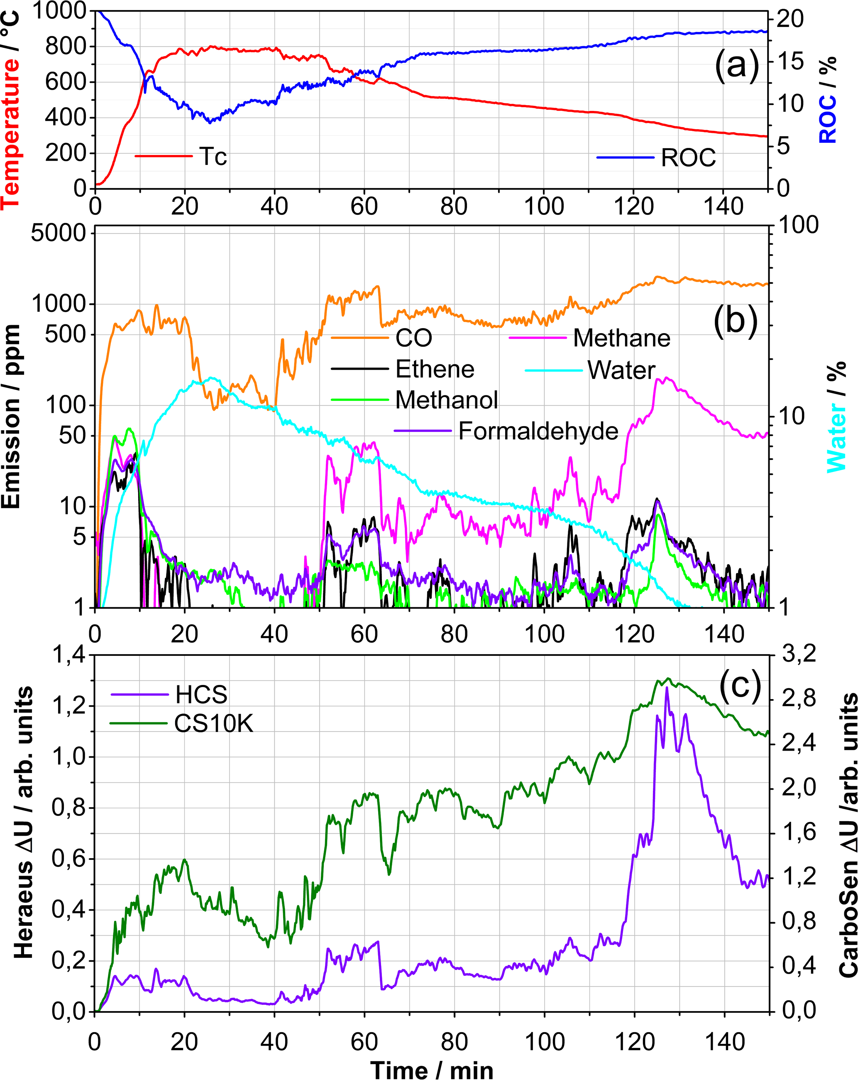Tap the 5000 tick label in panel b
[58, 233]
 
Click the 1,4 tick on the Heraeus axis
[68, 656]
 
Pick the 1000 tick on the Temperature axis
[59, 11]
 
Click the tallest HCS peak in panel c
[666, 688]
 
